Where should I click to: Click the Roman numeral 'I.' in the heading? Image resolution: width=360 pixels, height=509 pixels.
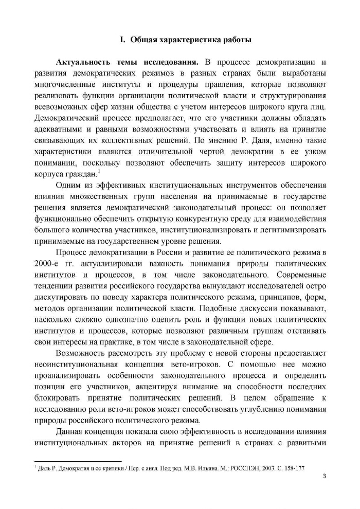pos(122,40)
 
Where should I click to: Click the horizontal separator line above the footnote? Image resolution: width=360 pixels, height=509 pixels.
pos(77,461)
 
